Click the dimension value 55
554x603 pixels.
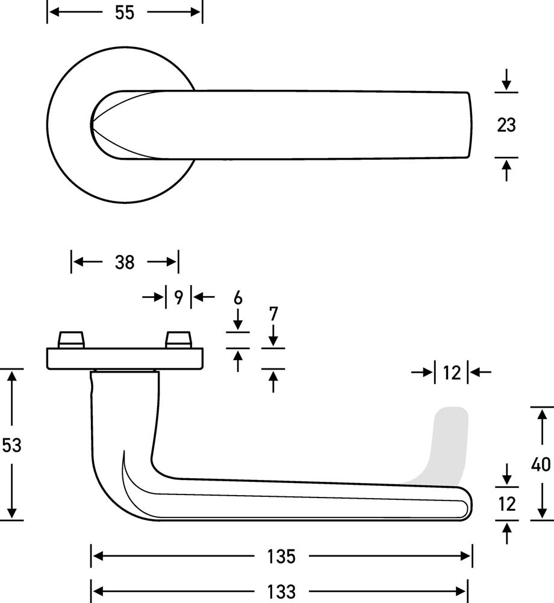click(125, 13)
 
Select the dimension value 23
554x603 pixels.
click(506, 125)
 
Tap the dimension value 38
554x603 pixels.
click(125, 262)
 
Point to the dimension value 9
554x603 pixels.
click(178, 297)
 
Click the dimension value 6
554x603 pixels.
click(238, 298)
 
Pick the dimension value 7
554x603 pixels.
click(273, 314)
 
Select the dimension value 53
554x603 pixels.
click(11, 445)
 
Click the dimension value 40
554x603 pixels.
click(541, 464)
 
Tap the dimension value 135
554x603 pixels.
click(281, 557)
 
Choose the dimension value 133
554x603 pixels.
click(281, 592)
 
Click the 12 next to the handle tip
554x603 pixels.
click(507, 504)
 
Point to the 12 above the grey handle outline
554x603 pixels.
click(452, 373)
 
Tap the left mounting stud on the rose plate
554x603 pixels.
click(71, 339)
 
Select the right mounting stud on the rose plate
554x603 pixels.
click(178, 339)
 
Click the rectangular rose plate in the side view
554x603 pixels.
click(125, 359)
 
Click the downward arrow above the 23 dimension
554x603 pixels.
click(506, 80)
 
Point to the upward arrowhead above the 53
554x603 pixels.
click(12, 375)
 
